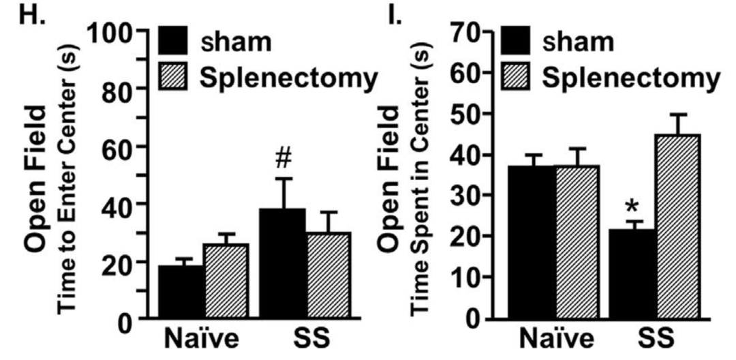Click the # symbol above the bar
(x=284, y=155)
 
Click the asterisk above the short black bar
(x=634, y=205)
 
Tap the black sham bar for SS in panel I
(x=635, y=273)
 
